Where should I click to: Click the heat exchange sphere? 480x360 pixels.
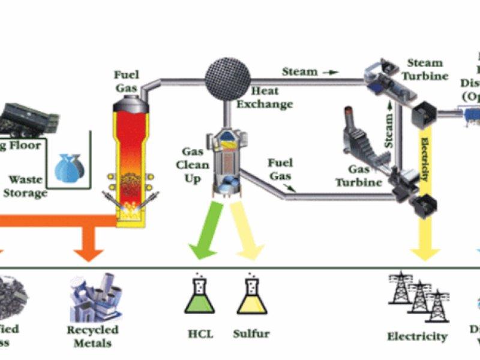coord(228,75)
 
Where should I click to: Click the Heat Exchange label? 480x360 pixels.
coord(265,98)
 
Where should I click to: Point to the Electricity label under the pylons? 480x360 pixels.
coord(418,336)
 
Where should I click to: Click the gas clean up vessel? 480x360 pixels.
coord(227,162)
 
